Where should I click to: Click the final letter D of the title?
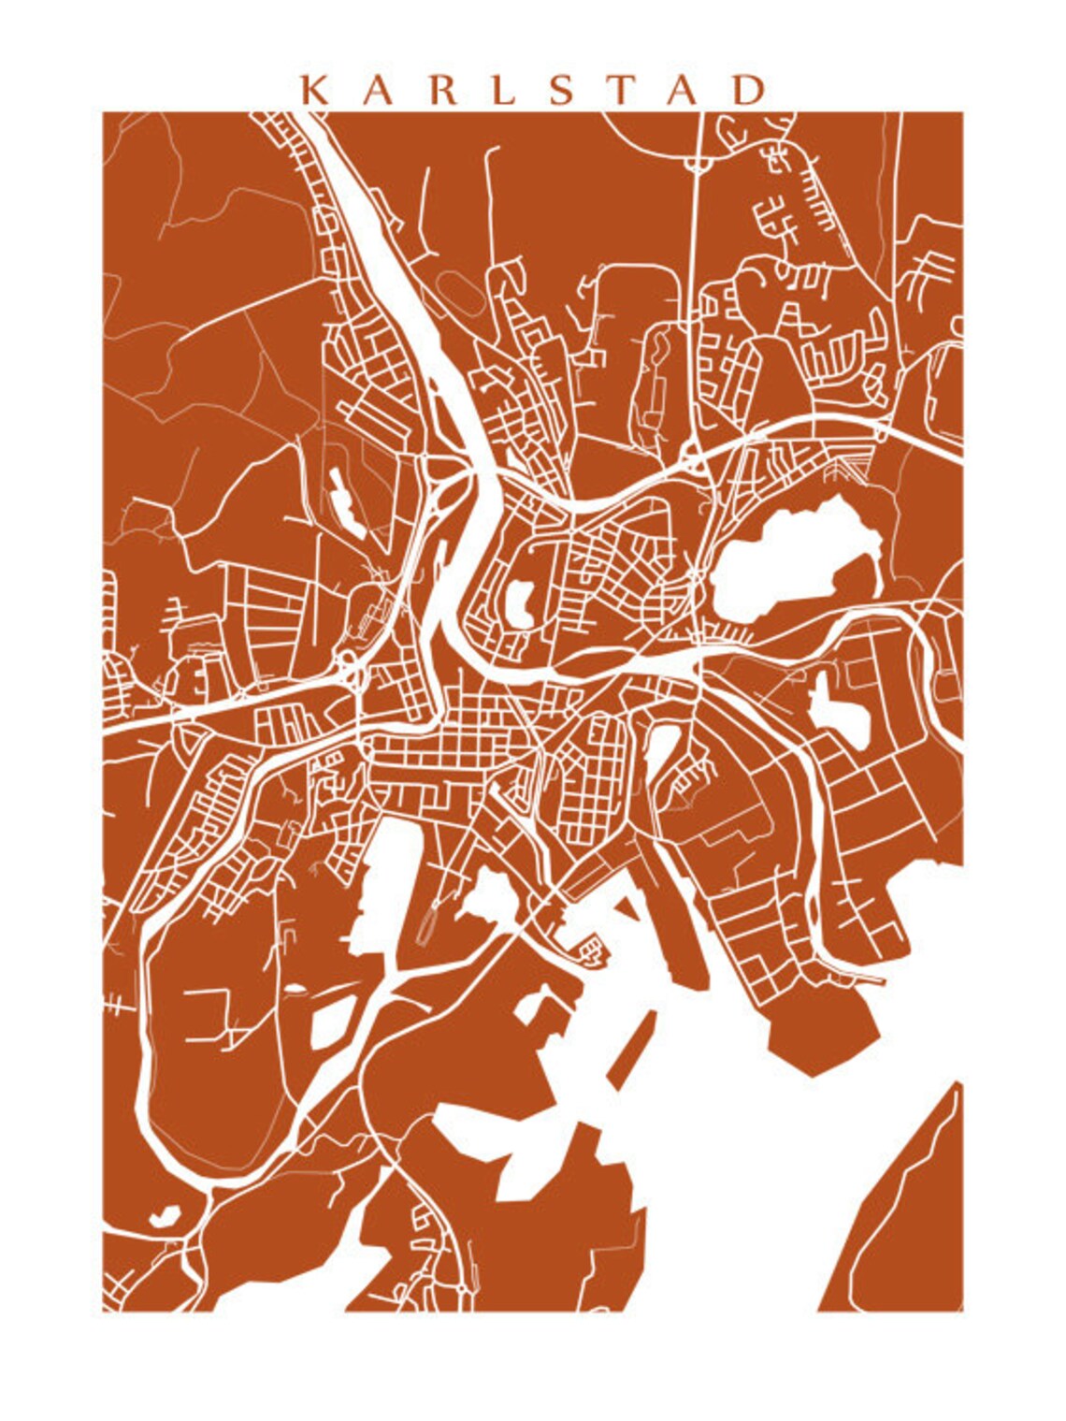tap(750, 90)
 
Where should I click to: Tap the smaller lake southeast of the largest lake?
tap(839, 711)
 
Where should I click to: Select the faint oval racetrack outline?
tap(461, 293)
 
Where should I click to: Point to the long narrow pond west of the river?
tap(345, 500)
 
